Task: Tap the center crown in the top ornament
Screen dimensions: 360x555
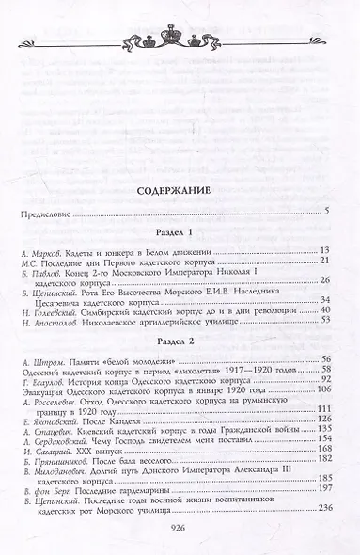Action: point(180,16)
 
